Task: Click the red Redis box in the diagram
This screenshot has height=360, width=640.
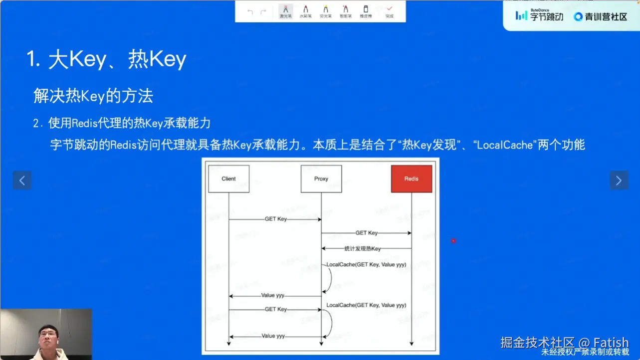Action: click(411, 179)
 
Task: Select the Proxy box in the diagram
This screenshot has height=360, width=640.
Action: click(321, 179)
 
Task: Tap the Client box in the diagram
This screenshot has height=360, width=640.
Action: click(228, 179)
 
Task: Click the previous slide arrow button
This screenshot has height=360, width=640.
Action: click(22, 180)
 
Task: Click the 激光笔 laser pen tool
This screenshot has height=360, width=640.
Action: click(285, 11)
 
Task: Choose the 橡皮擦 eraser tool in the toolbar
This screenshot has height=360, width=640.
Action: click(366, 11)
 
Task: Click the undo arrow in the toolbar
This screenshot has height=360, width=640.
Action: click(250, 11)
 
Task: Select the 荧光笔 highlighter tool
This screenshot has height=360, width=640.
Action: click(325, 11)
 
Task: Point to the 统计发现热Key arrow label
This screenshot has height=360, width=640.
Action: click(363, 248)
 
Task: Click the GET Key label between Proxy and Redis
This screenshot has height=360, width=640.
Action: click(366, 233)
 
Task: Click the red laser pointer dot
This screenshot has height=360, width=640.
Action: click(453, 241)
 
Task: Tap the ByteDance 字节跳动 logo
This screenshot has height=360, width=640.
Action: click(539, 16)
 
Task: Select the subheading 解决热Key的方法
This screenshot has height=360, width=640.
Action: click(93, 96)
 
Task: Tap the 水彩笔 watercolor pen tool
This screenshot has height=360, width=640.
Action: click(305, 11)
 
